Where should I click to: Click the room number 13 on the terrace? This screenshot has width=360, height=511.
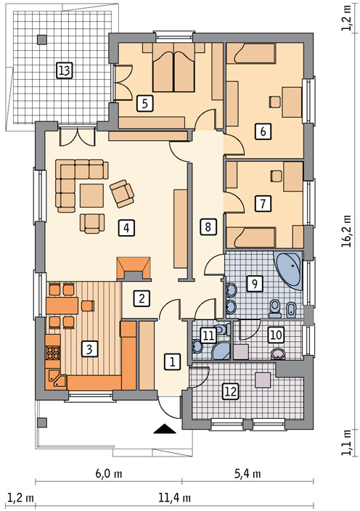point(64,70)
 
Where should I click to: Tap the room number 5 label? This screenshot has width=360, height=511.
point(146,103)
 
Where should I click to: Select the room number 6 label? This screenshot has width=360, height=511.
point(262,131)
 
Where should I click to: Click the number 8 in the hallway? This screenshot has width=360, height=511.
point(208,227)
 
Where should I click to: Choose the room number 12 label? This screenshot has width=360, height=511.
point(230,391)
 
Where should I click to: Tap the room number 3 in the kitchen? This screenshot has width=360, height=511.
point(89,349)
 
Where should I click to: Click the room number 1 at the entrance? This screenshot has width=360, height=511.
point(172,361)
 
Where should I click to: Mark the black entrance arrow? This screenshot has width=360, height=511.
point(166,428)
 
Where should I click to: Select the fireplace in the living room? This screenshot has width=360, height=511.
point(134,268)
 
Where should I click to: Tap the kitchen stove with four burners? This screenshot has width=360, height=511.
point(54,354)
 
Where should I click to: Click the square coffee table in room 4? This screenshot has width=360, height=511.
point(92,195)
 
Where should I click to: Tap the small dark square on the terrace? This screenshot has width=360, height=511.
point(41,38)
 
